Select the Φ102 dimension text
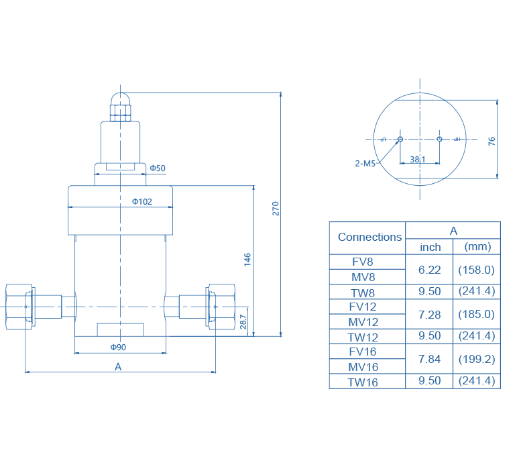pos(142,201)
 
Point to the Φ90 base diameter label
pos(119,347)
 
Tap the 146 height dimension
pos(247,259)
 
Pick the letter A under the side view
pos(118,366)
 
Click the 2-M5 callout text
pos(365,163)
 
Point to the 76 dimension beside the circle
pos(491,141)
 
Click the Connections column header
pos(369,237)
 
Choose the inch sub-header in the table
pos(430,247)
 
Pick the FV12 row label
pos(363,307)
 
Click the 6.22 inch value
pos(430,269)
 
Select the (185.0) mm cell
pos(476,314)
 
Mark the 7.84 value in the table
pos(430,359)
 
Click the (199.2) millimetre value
pos(476,359)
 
